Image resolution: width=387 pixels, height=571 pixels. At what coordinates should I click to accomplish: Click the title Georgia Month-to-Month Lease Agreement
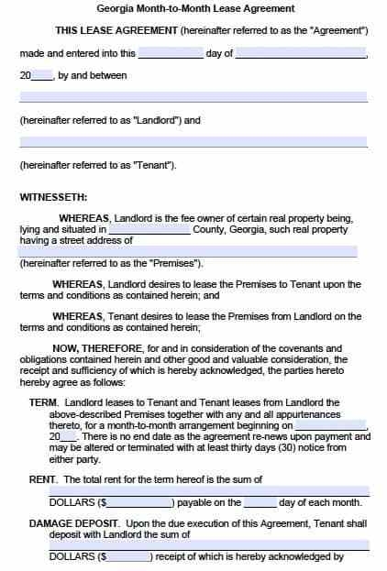point(193,8)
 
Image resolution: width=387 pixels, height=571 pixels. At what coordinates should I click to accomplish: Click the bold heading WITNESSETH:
point(53,196)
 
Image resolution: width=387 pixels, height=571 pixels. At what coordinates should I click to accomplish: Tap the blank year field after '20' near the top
point(42,75)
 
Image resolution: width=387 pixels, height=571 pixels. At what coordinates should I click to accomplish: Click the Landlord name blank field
point(193,97)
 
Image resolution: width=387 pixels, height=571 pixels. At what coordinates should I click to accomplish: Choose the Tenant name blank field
point(193,142)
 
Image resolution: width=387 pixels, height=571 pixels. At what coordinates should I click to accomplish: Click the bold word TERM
point(43,402)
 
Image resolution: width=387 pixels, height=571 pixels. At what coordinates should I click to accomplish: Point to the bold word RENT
point(43,479)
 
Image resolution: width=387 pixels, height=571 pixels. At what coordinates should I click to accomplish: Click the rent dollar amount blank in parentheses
point(140,502)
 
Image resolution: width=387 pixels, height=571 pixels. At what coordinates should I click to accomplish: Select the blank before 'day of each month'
point(260,502)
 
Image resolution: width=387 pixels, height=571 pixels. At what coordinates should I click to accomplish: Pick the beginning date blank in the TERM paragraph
point(330,426)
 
